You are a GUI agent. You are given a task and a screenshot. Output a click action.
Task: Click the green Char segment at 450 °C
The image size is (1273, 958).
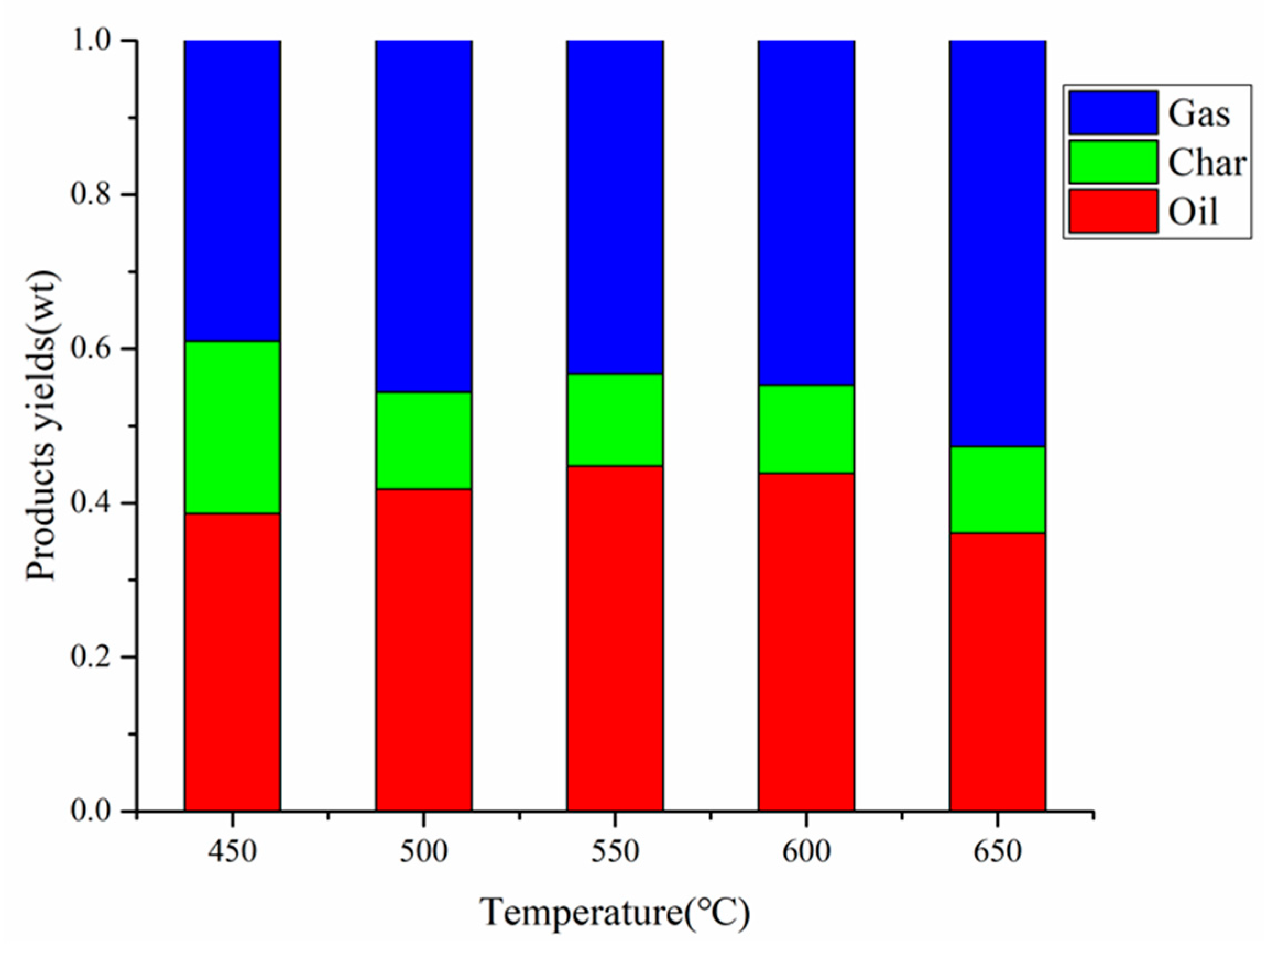tap(232, 427)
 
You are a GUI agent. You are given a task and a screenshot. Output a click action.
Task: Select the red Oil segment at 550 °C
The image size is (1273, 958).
tap(615, 638)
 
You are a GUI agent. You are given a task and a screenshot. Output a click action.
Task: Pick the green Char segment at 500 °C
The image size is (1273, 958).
tap(424, 440)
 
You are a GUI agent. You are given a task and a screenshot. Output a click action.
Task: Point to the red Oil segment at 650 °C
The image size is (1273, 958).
tap(997, 671)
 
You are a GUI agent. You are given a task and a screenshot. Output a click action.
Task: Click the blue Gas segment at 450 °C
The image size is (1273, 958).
tap(232, 190)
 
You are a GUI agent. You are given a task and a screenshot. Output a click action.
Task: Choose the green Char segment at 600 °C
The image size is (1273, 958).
tap(806, 429)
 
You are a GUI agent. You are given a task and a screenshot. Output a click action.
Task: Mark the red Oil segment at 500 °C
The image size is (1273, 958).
tap(424, 650)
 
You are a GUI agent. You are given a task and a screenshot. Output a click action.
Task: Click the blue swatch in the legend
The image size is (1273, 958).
tap(1113, 113)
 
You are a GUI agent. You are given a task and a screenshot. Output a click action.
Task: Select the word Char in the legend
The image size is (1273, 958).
tap(1207, 163)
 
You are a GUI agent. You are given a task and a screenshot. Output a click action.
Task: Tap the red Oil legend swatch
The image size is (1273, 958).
tap(1113, 211)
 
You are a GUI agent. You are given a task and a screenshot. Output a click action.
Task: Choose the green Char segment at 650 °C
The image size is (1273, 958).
tap(997, 490)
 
